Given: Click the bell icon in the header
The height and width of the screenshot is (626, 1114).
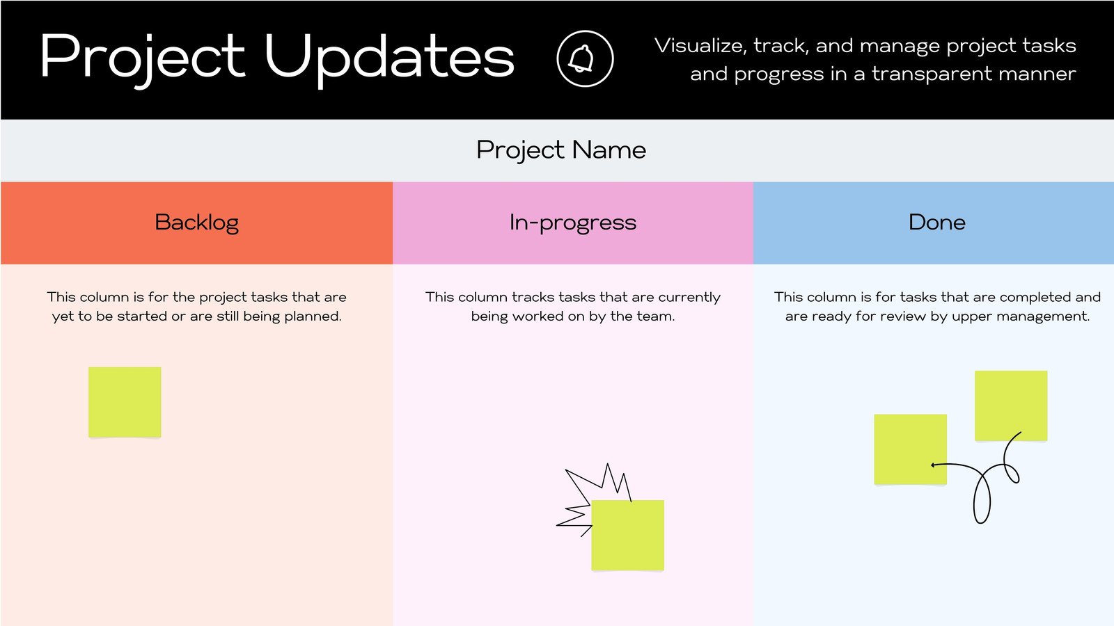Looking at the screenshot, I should [x=585, y=58].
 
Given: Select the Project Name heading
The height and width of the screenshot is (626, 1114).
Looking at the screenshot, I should [x=561, y=150].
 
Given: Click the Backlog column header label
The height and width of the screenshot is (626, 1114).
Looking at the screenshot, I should [x=196, y=223].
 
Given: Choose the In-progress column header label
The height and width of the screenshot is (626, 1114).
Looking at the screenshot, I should [x=572, y=223].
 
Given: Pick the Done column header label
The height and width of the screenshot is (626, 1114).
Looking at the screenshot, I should [x=936, y=223].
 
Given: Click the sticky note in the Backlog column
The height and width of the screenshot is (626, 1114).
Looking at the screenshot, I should [x=125, y=402].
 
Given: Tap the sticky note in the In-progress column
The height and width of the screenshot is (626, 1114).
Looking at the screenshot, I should [x=627, y=535].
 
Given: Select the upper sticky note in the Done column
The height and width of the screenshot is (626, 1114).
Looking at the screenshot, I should [x=1011, y=405].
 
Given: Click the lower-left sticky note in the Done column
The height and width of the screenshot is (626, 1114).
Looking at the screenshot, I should [x=910, y=449].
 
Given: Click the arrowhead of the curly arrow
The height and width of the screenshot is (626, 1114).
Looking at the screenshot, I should [x=933, y=465].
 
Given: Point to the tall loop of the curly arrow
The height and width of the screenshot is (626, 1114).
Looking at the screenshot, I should [x=982, y=498].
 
